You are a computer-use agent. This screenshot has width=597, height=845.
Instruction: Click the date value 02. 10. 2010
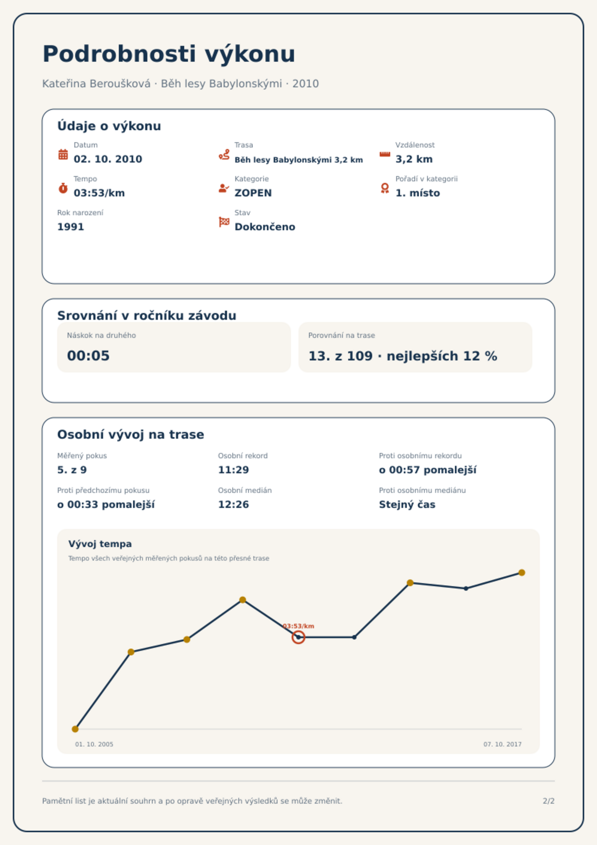tap(108, 159)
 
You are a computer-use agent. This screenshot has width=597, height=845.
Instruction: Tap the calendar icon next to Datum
tap(63, 154)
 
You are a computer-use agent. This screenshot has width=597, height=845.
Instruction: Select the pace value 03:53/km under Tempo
tap(99, 193)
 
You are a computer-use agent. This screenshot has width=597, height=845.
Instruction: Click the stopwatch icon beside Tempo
tap(63, 188)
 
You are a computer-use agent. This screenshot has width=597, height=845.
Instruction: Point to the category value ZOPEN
tap(253, 193)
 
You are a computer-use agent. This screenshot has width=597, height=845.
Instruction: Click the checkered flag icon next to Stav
tap(224, 222)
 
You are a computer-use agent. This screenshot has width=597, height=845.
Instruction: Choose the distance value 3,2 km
tap(414, 159)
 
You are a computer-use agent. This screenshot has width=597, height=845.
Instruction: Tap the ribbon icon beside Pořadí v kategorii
tap(385, 188)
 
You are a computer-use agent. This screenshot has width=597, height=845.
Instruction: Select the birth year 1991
tap(71, 227)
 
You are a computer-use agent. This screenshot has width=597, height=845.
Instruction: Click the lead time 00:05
tap(88, 356)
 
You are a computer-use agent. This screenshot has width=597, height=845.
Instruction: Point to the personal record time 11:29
tap(233, 470)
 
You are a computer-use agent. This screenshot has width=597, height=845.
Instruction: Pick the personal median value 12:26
tap(233, 505)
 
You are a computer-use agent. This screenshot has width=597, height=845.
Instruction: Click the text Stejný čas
tap(407, 505)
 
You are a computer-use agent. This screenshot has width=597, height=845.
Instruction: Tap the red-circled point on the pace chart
tap(298, 637)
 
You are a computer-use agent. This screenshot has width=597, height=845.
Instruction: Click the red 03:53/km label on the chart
tap(298, 626)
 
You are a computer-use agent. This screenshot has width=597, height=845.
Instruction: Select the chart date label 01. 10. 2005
tap(94, 744)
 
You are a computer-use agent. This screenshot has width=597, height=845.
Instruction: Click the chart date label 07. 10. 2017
tap(503, 744)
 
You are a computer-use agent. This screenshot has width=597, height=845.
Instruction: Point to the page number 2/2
tap(549, 801)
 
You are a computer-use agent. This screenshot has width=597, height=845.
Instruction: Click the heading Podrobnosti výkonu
tap(169, 54)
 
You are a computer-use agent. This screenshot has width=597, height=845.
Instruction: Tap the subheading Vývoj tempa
tap(100, 544)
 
